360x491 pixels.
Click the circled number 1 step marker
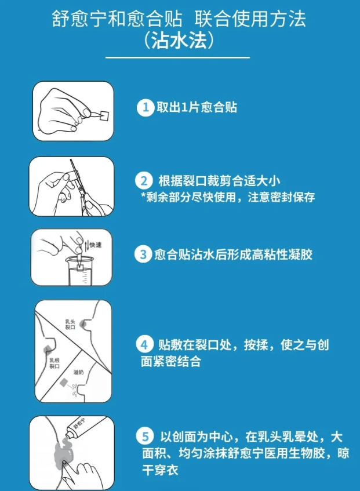coord(146,108)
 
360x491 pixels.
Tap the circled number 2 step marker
coord(144,181)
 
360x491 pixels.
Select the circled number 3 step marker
coord(143,254)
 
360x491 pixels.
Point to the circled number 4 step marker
coord(144,344)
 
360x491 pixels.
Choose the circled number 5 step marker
coord(144,436)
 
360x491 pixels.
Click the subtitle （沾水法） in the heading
coord(179,41)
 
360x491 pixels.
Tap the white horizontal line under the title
coord(177,57)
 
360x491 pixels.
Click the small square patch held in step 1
coord(104,115)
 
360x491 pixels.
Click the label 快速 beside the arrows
coord(96,245)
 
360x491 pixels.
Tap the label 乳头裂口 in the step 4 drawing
coord(70,325)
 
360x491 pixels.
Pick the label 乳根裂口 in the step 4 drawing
coord(54,363)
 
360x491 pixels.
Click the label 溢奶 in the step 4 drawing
coord(79,372)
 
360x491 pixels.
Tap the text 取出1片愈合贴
coord(197,107)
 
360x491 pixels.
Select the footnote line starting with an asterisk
coord(228,197)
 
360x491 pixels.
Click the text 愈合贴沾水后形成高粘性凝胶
coord(233,254)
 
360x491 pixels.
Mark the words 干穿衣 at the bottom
coord(160,470)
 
